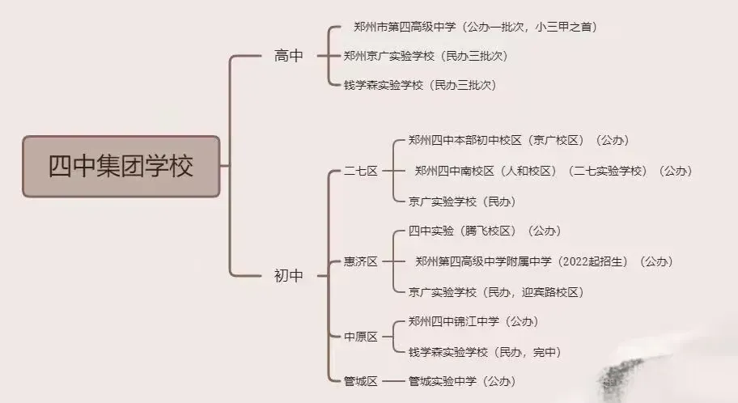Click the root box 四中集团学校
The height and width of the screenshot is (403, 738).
(x=121, y=167)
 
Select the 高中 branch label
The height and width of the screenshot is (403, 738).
(x=289, y=56)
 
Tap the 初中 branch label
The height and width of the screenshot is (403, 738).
(x=289, y=276)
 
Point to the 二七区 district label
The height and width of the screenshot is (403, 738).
(x=361, y=171)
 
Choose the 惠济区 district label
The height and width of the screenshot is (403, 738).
(x=361, y=261)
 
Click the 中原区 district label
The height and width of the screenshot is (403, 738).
(x=361, y=337)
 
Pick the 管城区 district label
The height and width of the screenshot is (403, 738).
(x=361, y=381)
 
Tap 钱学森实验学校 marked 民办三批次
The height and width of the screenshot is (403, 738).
(x=384, y=85)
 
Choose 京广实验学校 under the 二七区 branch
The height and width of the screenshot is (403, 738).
(x=442, y=201)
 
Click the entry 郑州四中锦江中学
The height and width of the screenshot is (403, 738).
(x=454, y=321)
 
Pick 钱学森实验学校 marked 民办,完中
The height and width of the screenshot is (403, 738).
(x=447, y=352)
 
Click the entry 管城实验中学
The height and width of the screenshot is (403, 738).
(x=442, y=381)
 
